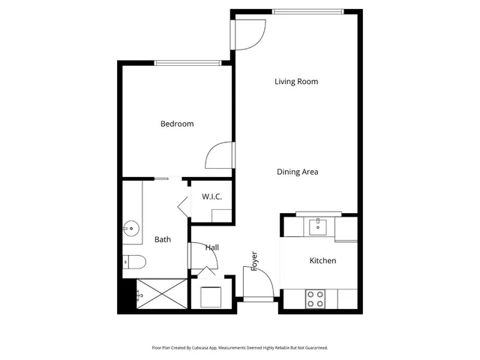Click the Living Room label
click(297, 81)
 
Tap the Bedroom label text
click(177, 124)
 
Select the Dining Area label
click(298, 172)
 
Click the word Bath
click(163, 240)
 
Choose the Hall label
click(212, 247)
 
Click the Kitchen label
click(322, 260)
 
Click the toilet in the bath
click(133, 262)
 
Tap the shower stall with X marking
click(160, 295)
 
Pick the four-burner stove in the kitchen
click(315, 298)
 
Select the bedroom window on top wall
click(187, 62)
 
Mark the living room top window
click(307, 11)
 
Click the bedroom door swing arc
click(219, 155)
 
